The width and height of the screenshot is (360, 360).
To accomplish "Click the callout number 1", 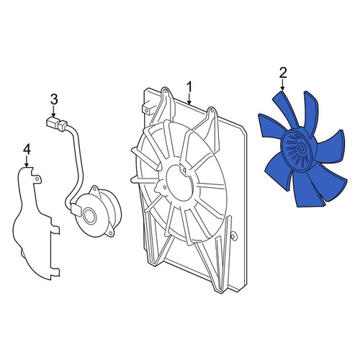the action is point(189,87).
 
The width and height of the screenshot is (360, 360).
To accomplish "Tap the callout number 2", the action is point(283,73).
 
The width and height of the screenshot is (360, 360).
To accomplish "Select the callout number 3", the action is point(54,99).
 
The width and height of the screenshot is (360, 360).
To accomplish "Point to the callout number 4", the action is point(27,150).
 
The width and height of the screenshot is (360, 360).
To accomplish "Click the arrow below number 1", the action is point(189,99).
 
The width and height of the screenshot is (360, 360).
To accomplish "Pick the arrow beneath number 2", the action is point(283,85).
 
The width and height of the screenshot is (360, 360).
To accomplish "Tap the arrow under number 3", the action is point(54,112).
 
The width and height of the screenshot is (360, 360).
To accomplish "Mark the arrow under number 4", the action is point(27,161).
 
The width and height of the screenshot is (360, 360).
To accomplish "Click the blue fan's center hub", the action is point(301,147).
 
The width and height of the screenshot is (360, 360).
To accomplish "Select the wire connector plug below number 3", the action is point(55,124).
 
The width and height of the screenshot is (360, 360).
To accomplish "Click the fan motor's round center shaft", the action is point(90,215).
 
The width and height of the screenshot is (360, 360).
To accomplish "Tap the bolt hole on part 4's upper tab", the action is point(37,179).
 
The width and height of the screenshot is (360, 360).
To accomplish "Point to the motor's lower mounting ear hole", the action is point(109,233).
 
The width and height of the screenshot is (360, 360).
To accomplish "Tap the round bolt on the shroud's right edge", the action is point(233,236).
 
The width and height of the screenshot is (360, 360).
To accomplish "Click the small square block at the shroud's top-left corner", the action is point(147,109).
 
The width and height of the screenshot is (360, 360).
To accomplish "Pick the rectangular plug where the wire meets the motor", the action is point(76,210).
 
